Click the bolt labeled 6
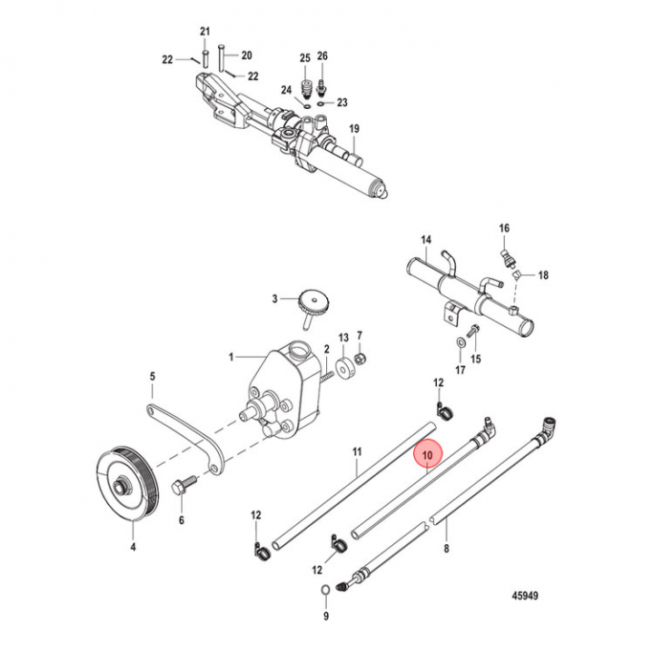tap(180, 488)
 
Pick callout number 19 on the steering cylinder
tap(354, 131)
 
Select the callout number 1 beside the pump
tap(232, 356)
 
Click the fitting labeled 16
tap(505, 246)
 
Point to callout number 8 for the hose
tap(446, 550)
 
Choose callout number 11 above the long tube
tap(357, 451)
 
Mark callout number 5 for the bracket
tap(153, 375)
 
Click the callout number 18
tap(543, 274)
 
